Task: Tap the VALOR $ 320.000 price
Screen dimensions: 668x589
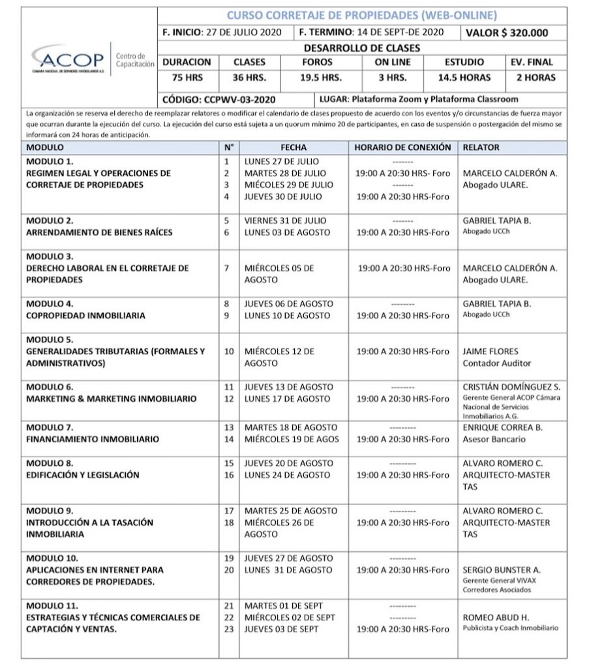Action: (506, 33)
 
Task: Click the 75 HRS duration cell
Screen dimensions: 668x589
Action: (187, 78)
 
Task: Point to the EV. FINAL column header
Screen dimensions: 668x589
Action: (531, 62)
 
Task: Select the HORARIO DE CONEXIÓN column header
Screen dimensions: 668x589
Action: (402, 147)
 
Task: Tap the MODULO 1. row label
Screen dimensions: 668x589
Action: (50, 160)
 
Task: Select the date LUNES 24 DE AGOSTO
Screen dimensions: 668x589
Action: (287, 475)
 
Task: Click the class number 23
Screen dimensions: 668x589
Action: (228, 629)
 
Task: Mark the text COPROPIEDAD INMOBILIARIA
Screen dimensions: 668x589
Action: (85, 315)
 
